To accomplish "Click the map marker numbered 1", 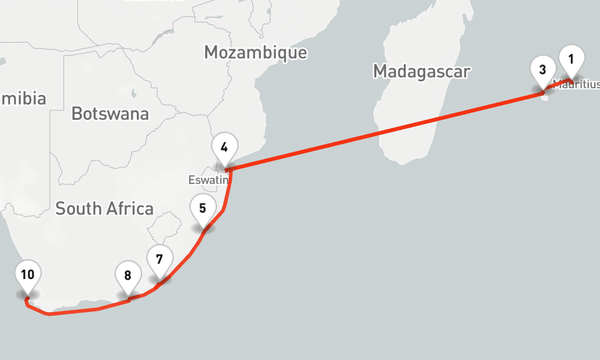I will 571,59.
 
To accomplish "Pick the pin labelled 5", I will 203,209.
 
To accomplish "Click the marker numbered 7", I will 159,260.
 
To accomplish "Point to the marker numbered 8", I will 128,276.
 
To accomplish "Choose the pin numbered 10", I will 27,275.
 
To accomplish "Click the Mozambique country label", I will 256,52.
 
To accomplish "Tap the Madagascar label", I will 421,71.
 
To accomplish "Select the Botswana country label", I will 110,113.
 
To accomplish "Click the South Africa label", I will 104,209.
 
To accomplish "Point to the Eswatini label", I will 207,179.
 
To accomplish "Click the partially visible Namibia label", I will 24,98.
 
